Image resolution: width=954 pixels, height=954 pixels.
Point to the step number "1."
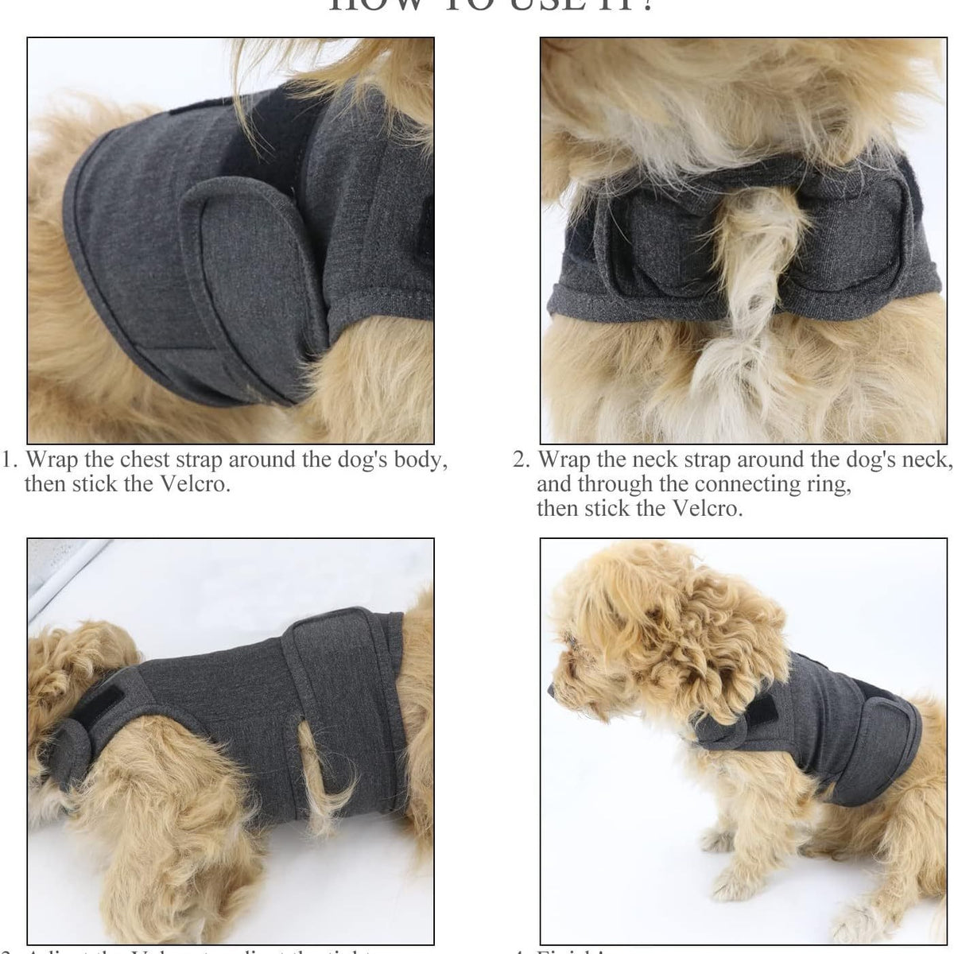click(10, 460)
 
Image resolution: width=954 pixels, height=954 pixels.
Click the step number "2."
click(522, 460)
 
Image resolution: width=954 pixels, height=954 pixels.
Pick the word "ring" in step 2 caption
click(827, 485)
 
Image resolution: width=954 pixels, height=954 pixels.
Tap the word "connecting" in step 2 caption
click(744, 485)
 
